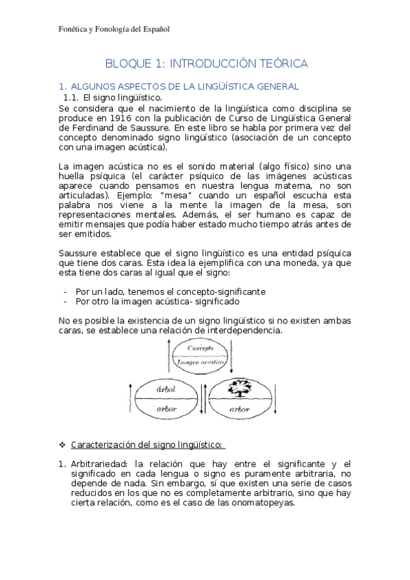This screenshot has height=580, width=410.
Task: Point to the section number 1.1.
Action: (x=71, y=98)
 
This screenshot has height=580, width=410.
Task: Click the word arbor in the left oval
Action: (x=166, y=409)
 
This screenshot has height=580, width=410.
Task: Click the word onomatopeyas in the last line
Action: (x=262, y=502)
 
